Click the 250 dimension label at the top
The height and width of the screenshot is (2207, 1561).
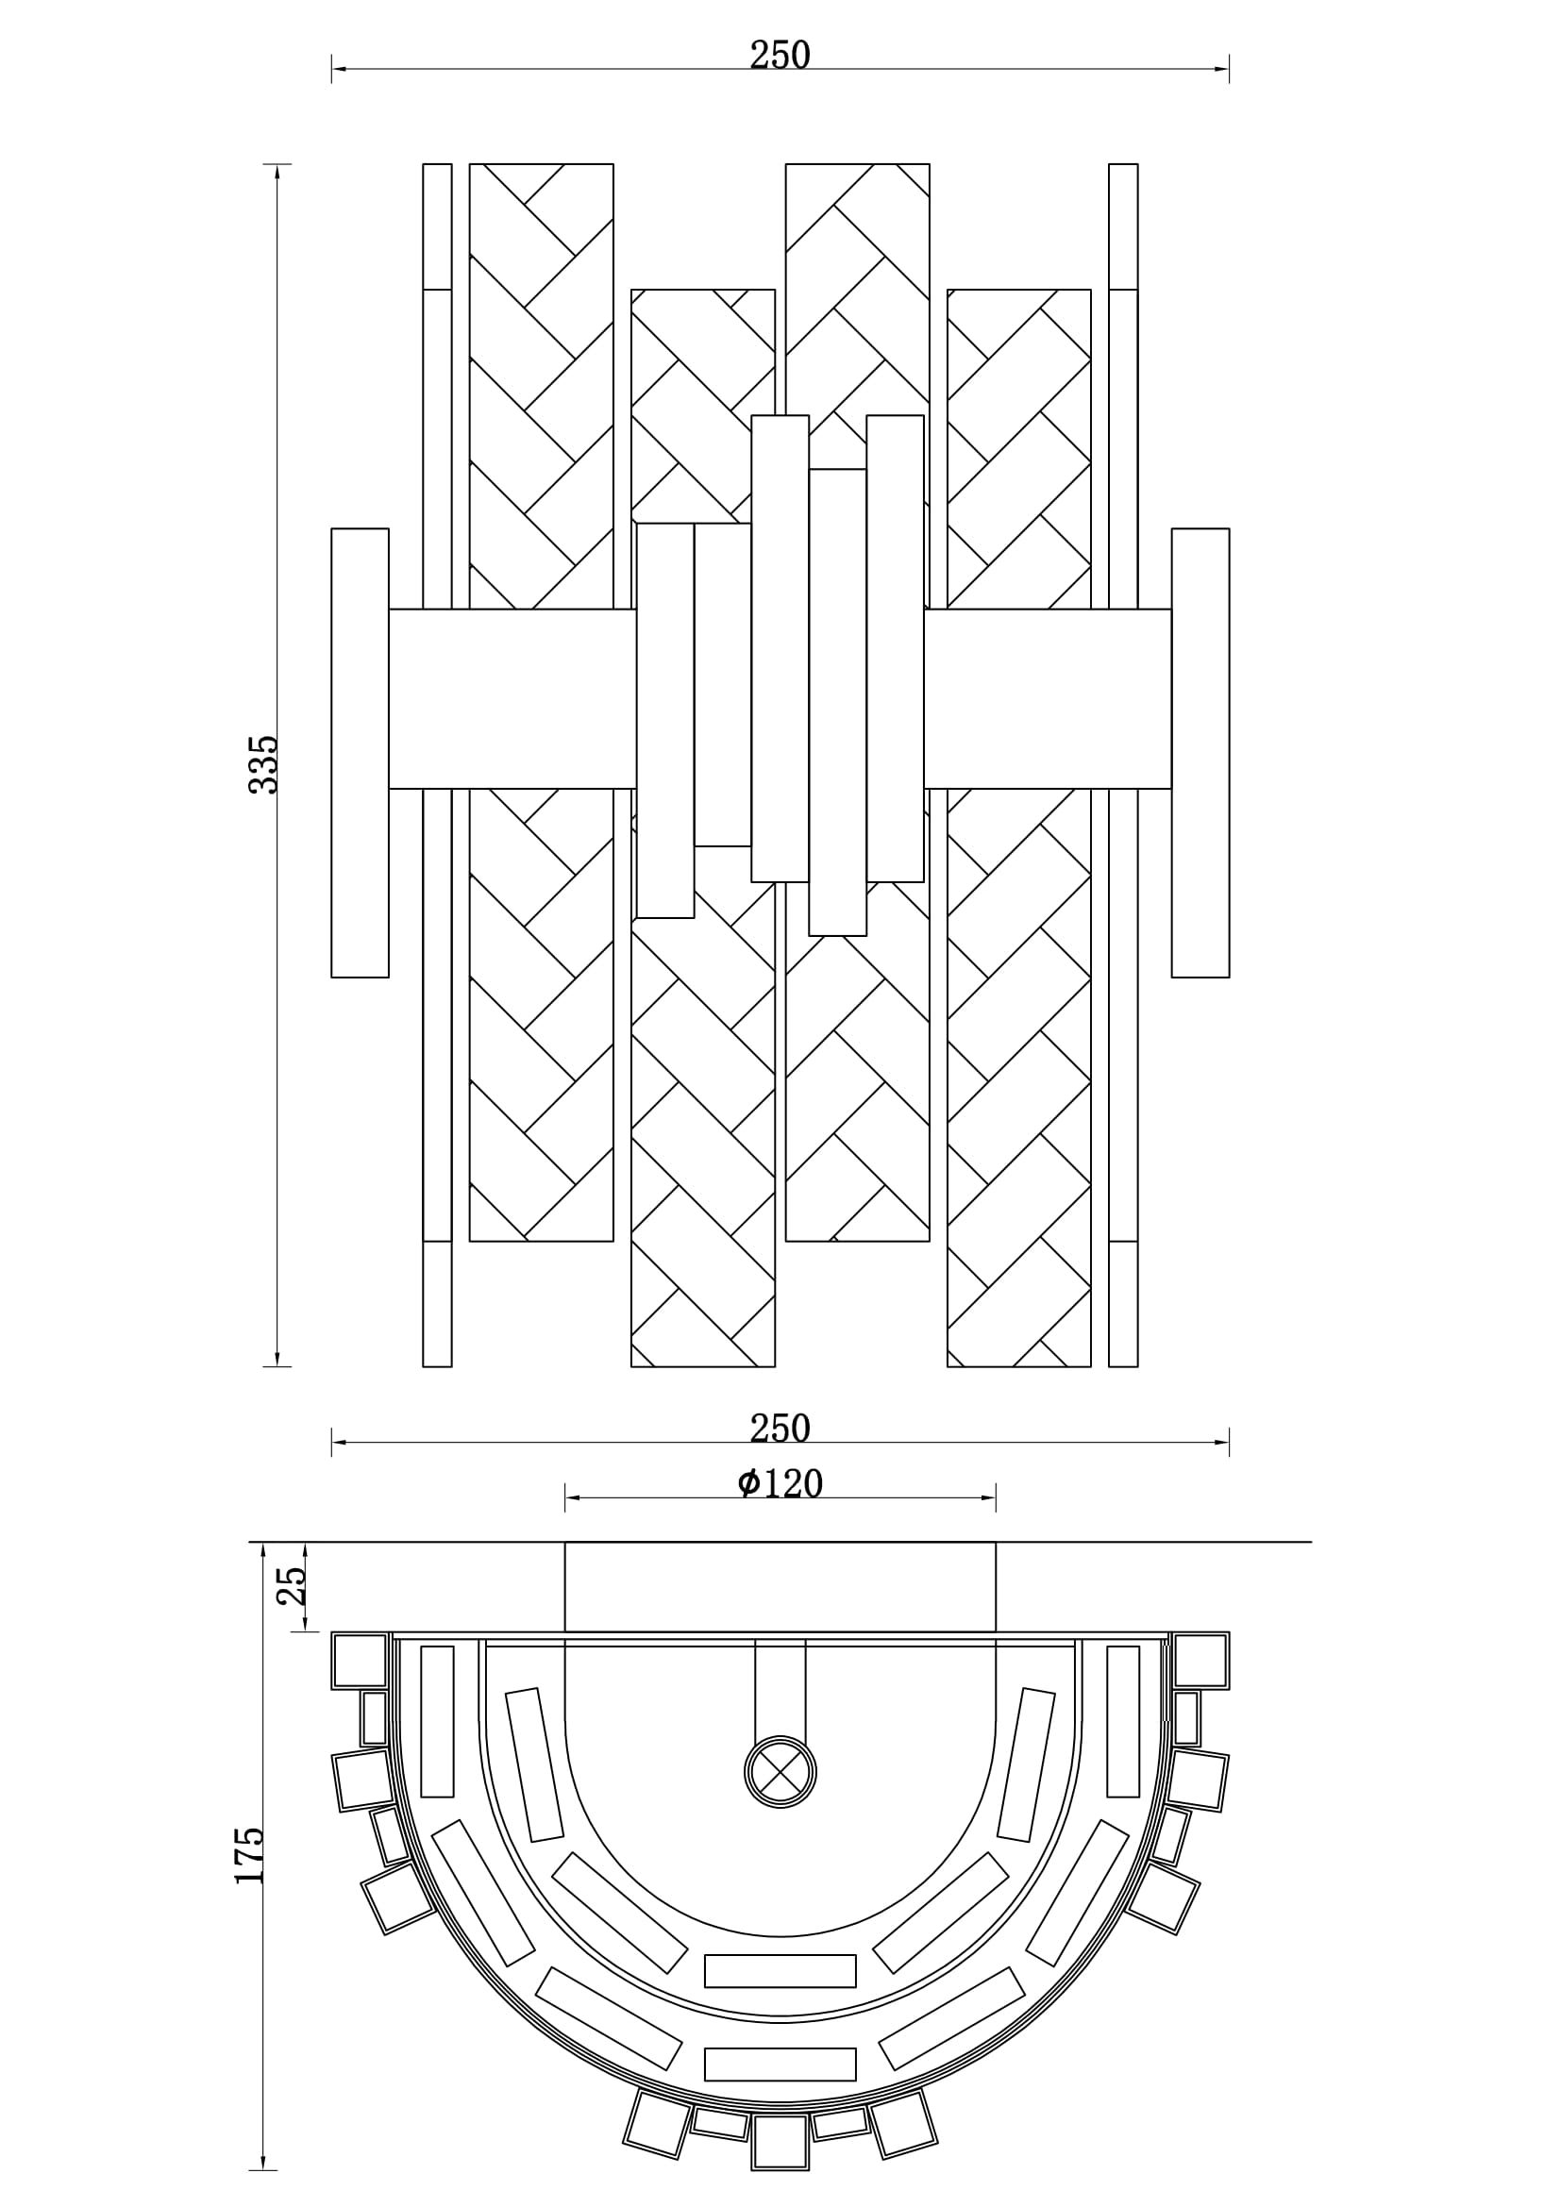[780, 56]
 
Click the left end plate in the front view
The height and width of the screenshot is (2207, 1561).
[360, 753]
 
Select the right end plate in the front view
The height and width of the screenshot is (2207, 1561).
[1200, 753]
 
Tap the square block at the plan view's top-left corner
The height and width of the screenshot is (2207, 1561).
[360, 1660]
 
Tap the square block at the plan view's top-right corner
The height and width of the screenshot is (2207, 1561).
[1200, 1660]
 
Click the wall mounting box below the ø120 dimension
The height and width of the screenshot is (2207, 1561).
[780, 1586]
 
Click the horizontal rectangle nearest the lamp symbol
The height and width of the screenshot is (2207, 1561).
[780, 1970]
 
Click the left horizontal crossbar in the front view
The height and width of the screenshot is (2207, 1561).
[512, 699]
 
